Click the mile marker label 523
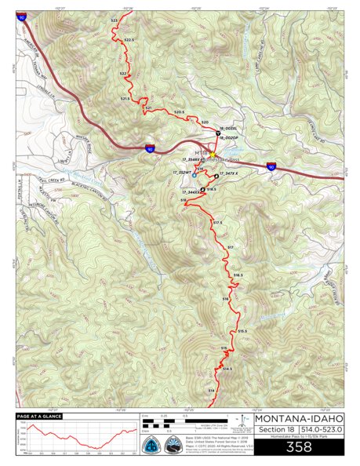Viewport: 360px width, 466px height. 115,17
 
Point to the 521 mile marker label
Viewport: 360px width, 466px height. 148,107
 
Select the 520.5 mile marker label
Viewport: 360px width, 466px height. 179,112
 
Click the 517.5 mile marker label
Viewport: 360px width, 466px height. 219,223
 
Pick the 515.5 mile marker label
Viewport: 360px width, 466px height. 242,330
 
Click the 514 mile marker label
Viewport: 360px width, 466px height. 211,390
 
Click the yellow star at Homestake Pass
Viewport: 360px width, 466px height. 212,155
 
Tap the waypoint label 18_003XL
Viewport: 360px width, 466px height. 231,127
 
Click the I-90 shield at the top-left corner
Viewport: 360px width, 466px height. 22,16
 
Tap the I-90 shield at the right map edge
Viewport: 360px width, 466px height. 271,166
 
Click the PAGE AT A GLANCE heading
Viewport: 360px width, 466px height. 40,417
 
